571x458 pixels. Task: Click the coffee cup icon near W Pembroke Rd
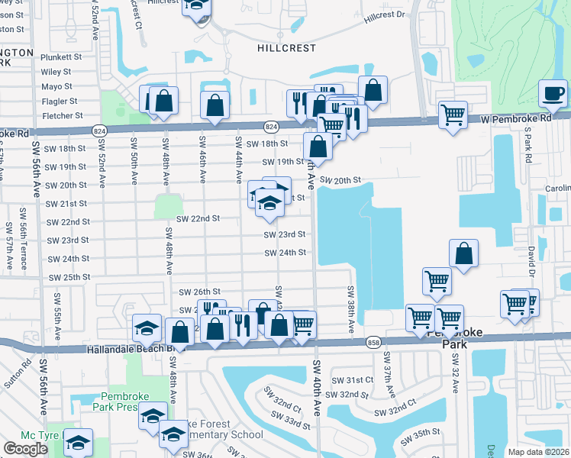[553, 95]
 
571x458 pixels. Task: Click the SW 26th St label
[199, 292]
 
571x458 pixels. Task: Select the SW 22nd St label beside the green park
[198, 218]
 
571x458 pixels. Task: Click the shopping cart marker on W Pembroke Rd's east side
[453, 116]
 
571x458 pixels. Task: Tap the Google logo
[25, 449]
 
